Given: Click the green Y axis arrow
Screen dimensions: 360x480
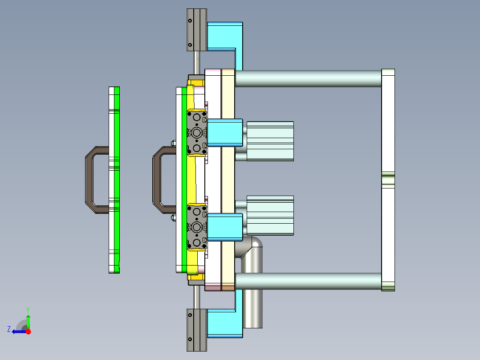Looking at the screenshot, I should tap(28, 320).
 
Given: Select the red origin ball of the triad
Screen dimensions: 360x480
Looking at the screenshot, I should tap(28, 331).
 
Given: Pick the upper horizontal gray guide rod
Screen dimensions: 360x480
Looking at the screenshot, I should tap(307, 78).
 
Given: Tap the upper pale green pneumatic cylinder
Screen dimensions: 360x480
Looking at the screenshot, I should tap(270, 141).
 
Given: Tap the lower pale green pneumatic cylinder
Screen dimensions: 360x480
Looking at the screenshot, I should tap(270, 215).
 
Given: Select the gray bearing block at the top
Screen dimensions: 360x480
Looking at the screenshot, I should tap(196, 30).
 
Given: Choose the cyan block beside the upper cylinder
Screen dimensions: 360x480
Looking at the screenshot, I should tap(225, 133).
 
